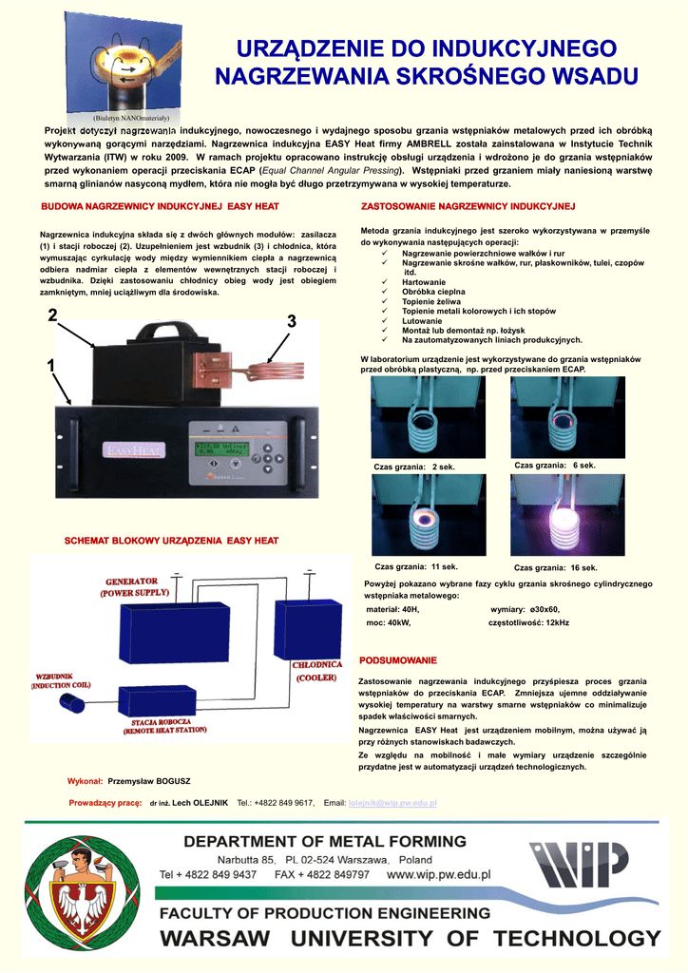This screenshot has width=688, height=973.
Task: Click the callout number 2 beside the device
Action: pos(51,315)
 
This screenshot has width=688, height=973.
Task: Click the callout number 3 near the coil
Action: pos(291,323)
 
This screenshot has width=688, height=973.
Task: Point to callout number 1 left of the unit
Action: pos(49,366)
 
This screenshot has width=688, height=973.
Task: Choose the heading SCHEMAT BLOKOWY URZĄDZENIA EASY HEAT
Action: pos(171,541)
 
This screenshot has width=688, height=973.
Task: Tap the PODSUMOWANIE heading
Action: pos(398,659)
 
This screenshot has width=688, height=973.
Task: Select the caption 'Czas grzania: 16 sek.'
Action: pos(556,567)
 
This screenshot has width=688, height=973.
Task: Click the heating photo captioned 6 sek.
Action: pos(554,417)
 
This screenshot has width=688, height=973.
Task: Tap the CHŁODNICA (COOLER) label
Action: pos(316,671)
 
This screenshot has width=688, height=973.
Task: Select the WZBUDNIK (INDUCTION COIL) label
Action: pos(62,680)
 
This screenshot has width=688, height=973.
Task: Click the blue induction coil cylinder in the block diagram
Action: pos(73,704)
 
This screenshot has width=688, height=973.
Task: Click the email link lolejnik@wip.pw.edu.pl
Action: pos(392,803)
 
